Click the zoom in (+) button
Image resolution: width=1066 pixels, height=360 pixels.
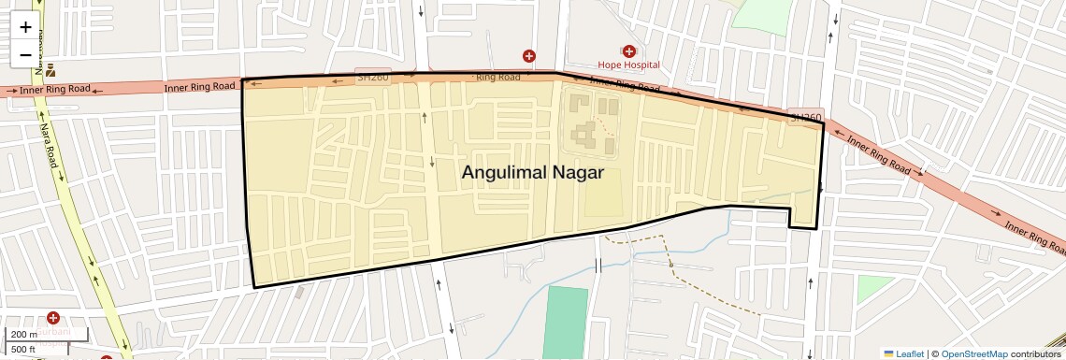tap(25, 27)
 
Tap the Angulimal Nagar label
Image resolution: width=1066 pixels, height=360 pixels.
tap(532, 173)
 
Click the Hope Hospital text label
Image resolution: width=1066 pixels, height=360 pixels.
tap(628, 65)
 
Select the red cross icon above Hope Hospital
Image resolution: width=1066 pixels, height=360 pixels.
tap(628, 51)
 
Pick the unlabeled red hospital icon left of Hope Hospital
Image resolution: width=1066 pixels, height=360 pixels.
tap(529, 56)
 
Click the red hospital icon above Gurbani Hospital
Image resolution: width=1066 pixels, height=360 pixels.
tap(52, 319)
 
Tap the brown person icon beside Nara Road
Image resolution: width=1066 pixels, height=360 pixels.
tap(50, 70)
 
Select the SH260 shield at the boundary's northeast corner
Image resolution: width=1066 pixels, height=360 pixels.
tap(805, 118)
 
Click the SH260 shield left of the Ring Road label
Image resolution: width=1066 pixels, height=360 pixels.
tap(372, 77)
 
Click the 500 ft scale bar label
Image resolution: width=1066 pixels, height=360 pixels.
tap(23, 350)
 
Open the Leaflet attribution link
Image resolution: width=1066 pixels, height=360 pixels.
tap(903, 353)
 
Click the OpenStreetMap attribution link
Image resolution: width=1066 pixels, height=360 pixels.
tap(973, 353)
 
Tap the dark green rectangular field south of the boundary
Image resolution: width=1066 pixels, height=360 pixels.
tap(566, 321)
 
